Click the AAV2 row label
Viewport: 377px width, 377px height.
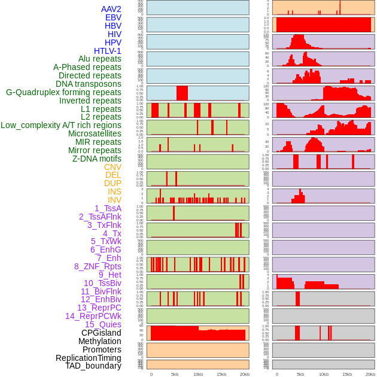coord(111,9)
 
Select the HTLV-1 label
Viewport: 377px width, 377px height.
coord(107,51)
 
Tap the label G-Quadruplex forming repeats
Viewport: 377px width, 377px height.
coord(63,92)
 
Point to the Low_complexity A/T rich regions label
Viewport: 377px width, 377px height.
coord(61,125)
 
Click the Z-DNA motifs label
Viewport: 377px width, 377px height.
coord(96,159)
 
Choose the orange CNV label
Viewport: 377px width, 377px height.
coord(113,167)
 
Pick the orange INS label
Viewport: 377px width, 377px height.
coord(114,191)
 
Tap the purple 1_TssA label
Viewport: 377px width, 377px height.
coord(108,208)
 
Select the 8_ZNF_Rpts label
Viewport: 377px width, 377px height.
coord(98,266)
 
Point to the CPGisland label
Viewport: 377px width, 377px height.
coord(101,333)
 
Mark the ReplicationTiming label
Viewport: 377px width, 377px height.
coord(88,358)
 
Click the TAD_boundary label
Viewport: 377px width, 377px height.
coord(93,366)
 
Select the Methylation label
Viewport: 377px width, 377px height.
coord(99,341)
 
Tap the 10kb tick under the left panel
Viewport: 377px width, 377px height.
coord(198,374)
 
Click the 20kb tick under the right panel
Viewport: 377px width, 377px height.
coord(370,374)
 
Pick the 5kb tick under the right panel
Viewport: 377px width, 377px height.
coord(300,374)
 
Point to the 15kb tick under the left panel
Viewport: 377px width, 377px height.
coord(221,374)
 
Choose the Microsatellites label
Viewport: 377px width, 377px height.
coord(95,133)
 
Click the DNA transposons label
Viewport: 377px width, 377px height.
coord(89,84)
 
